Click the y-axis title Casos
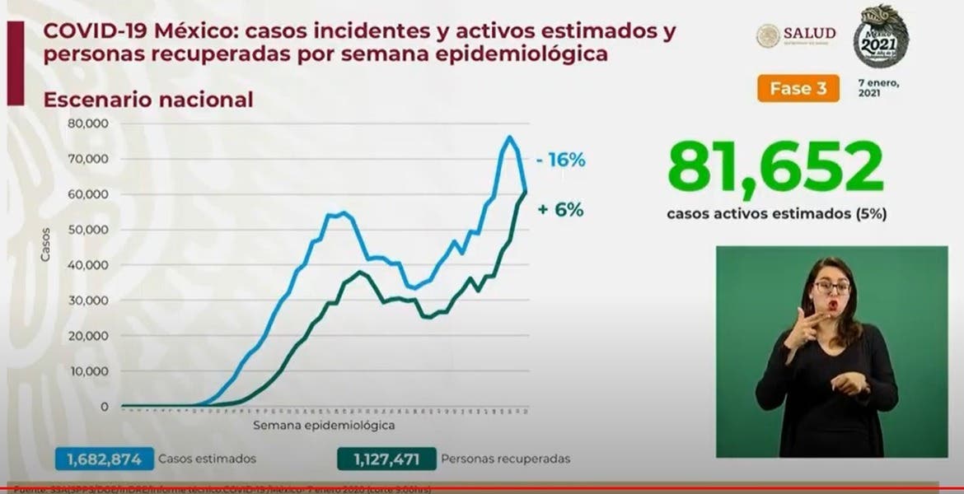[x=46, y=245]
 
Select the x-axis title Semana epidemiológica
[x=323, y=426]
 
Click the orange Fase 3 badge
[x=798, y=88]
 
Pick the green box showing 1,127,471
[x=386, y=459]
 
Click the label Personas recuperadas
[x=506, y=459]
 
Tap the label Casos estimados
[x=208, y=459]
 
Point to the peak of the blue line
[x=509, y=137]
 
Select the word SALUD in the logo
[x=809, y=33]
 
